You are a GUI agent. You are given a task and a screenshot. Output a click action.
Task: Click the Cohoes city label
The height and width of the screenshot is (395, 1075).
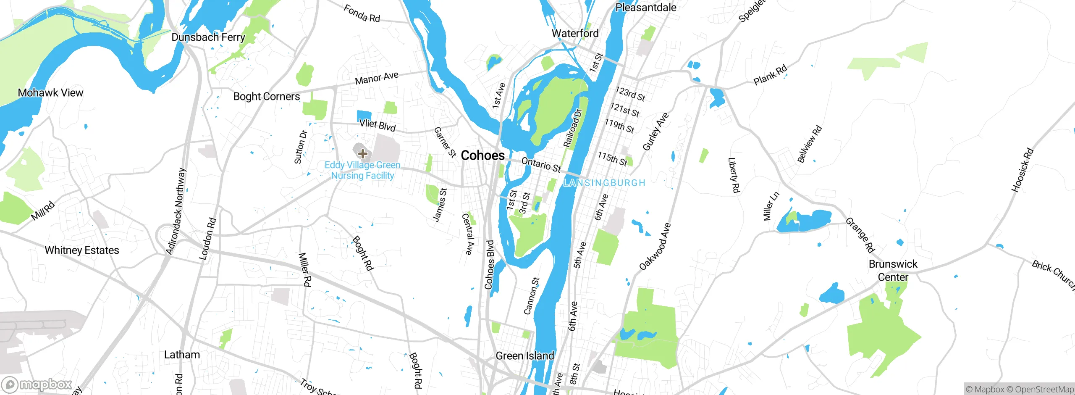pos(482,155)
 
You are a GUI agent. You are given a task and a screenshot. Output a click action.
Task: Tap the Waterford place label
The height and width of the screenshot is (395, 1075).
pos(575,34)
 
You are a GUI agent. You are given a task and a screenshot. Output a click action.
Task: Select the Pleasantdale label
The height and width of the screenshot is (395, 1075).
pos(645,8)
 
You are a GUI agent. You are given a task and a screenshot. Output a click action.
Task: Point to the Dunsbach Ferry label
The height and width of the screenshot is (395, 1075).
pos(208,37)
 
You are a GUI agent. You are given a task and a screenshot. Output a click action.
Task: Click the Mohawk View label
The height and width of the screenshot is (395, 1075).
pos(50,93)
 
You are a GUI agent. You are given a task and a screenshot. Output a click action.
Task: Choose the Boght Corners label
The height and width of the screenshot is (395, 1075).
pos(266,97)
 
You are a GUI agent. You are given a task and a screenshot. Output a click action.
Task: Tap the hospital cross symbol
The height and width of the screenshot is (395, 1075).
pos(363,154)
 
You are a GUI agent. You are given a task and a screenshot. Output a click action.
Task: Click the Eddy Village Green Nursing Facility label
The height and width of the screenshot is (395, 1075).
pos(362,171)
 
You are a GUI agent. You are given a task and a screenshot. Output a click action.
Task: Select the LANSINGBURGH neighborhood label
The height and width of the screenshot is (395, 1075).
pos(604,183)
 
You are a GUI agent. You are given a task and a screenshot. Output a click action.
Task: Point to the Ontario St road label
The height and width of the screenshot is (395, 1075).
pos(541,164)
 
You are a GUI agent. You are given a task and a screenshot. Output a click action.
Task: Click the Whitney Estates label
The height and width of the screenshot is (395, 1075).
pos(82,250)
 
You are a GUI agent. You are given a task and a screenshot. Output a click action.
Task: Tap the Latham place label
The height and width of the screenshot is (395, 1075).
pos(182,355)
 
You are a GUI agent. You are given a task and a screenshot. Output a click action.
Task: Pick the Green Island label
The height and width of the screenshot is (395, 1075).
pos(524,356)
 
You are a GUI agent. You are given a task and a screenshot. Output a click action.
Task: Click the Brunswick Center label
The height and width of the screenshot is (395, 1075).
pos(893,271)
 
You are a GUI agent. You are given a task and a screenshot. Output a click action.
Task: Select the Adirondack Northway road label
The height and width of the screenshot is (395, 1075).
pos(176,211)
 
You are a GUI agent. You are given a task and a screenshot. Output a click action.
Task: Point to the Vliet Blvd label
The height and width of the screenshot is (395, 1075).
pos(377,125)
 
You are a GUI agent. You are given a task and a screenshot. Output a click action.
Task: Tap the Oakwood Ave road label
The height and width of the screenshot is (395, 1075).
pos(655,247)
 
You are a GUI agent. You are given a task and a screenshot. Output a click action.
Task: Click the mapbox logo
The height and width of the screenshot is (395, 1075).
pos(37,384)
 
